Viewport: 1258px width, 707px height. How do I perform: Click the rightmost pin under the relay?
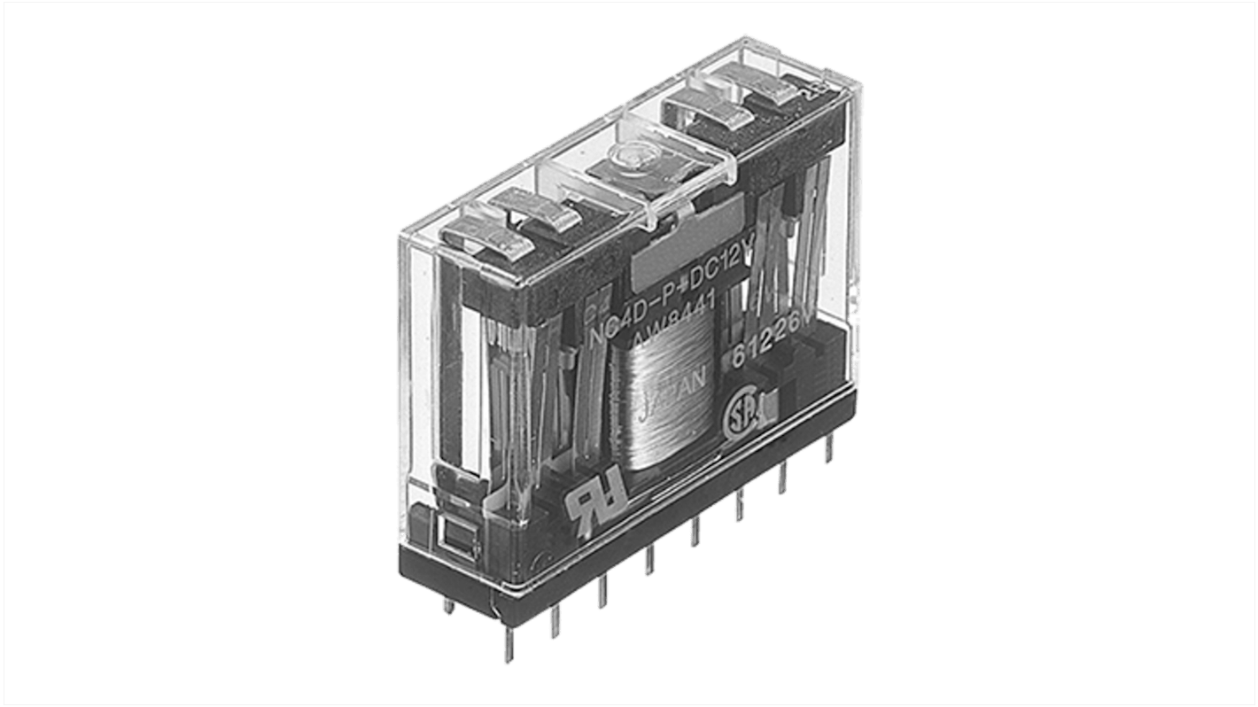tap(828, 450)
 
